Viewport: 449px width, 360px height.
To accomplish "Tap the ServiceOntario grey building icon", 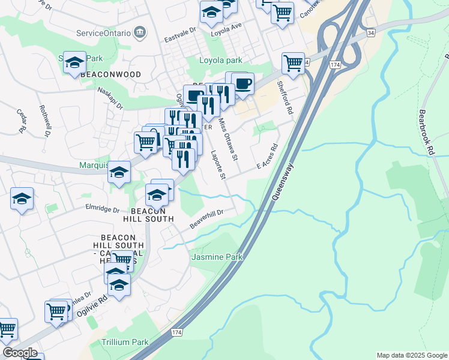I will [x=140, y=31].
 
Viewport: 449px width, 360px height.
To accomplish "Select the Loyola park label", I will [x=221, y=60].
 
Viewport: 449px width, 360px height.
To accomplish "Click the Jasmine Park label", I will [x=217, y=257].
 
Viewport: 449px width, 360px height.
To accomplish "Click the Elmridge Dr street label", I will [x=103, y=209].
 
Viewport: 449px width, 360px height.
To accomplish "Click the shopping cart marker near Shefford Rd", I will [x=293, y=63].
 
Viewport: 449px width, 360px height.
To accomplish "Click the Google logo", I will [x=20, y=353].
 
